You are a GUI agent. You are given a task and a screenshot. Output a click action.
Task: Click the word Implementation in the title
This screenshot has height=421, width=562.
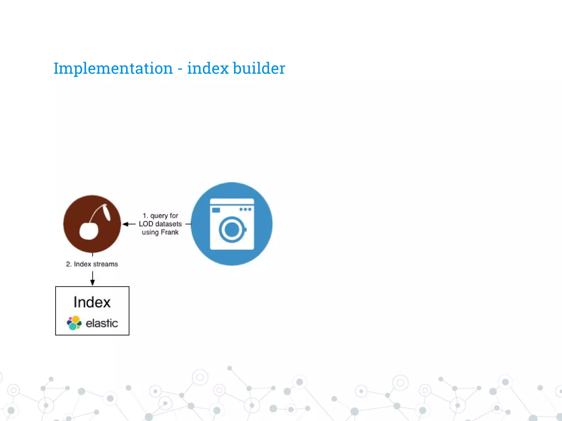[113, 68]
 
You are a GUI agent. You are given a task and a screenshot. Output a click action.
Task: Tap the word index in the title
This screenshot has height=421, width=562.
[208, 68]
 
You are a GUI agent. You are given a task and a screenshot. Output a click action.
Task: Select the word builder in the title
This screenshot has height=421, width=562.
[259, 68]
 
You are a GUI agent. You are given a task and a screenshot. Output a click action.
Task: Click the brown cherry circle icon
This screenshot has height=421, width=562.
[92, 224]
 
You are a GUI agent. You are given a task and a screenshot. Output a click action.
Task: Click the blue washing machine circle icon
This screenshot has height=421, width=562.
[232, 224]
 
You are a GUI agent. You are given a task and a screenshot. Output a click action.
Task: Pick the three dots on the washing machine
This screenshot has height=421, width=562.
[245, 209]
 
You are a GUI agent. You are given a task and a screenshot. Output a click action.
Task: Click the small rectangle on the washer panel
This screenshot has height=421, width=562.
[216, 210]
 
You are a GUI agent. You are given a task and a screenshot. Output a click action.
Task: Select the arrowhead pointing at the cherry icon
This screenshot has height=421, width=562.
[125, 224]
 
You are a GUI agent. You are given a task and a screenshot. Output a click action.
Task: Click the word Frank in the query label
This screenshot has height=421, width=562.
[170, 232]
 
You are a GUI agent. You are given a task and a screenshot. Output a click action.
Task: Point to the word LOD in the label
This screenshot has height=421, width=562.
[146, 224]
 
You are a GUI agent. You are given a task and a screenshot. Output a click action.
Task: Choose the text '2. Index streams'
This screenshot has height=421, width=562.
[92, 264]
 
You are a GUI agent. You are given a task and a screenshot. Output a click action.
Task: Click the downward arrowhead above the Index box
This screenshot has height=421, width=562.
[92, 283]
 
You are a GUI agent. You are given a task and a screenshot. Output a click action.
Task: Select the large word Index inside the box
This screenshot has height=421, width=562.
[92, 302]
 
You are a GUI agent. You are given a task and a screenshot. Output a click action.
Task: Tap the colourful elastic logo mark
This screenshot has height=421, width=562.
[74, 323]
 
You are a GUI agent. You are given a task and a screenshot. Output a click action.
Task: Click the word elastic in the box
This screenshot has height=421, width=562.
[102, 323]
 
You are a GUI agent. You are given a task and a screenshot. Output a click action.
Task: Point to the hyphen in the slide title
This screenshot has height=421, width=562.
[180, 69]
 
